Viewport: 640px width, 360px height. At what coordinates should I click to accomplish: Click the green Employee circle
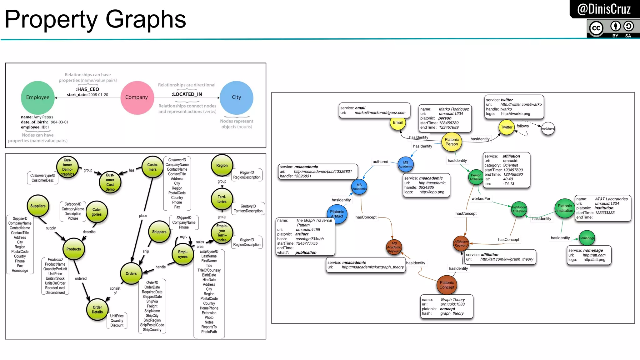pos(38,97)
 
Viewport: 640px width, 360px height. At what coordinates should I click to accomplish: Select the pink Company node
pos(137,97)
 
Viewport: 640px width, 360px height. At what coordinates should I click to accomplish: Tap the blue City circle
pos(237,97)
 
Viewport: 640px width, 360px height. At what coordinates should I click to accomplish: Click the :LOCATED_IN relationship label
pos(187,94)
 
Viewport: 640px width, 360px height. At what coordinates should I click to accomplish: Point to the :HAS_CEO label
pos(87,89)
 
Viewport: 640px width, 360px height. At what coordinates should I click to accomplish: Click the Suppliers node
pos(38,206)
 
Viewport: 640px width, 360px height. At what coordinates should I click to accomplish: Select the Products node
pos(73,249)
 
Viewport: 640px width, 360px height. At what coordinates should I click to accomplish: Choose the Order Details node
pos(97,310)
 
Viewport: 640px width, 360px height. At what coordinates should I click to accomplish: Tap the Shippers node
pos(159,232)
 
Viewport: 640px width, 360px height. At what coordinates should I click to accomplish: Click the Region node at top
pos(222,166)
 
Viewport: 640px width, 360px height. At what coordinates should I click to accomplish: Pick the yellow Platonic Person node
pos(452,142)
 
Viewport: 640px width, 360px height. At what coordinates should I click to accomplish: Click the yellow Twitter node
pos(506,127)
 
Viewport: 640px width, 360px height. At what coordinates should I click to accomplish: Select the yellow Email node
pos(397,123)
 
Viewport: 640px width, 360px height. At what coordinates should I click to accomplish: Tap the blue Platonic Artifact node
pos(337,214)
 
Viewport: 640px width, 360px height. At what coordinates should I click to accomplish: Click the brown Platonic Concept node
pos(447,285)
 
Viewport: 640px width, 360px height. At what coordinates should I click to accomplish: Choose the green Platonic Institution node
pos(564,208)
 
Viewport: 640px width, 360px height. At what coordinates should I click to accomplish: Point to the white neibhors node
pos(548,128)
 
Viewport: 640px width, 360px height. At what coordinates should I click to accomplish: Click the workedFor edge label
pos(481,199)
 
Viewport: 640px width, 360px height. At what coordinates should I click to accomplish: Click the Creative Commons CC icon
pos(596,28)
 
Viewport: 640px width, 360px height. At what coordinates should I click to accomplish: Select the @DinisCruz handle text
pos(604,9)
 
